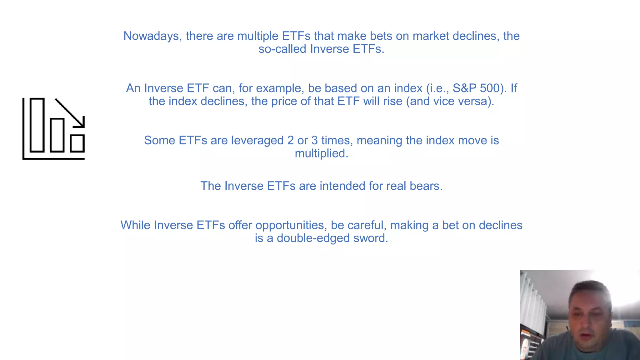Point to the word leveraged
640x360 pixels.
(257, 141)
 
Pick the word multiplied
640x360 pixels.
(321, 154)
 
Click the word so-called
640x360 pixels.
(282, 49)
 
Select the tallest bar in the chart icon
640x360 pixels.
(37, 125)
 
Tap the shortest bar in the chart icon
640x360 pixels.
(77, 143)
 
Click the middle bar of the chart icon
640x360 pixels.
(57, 135)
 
